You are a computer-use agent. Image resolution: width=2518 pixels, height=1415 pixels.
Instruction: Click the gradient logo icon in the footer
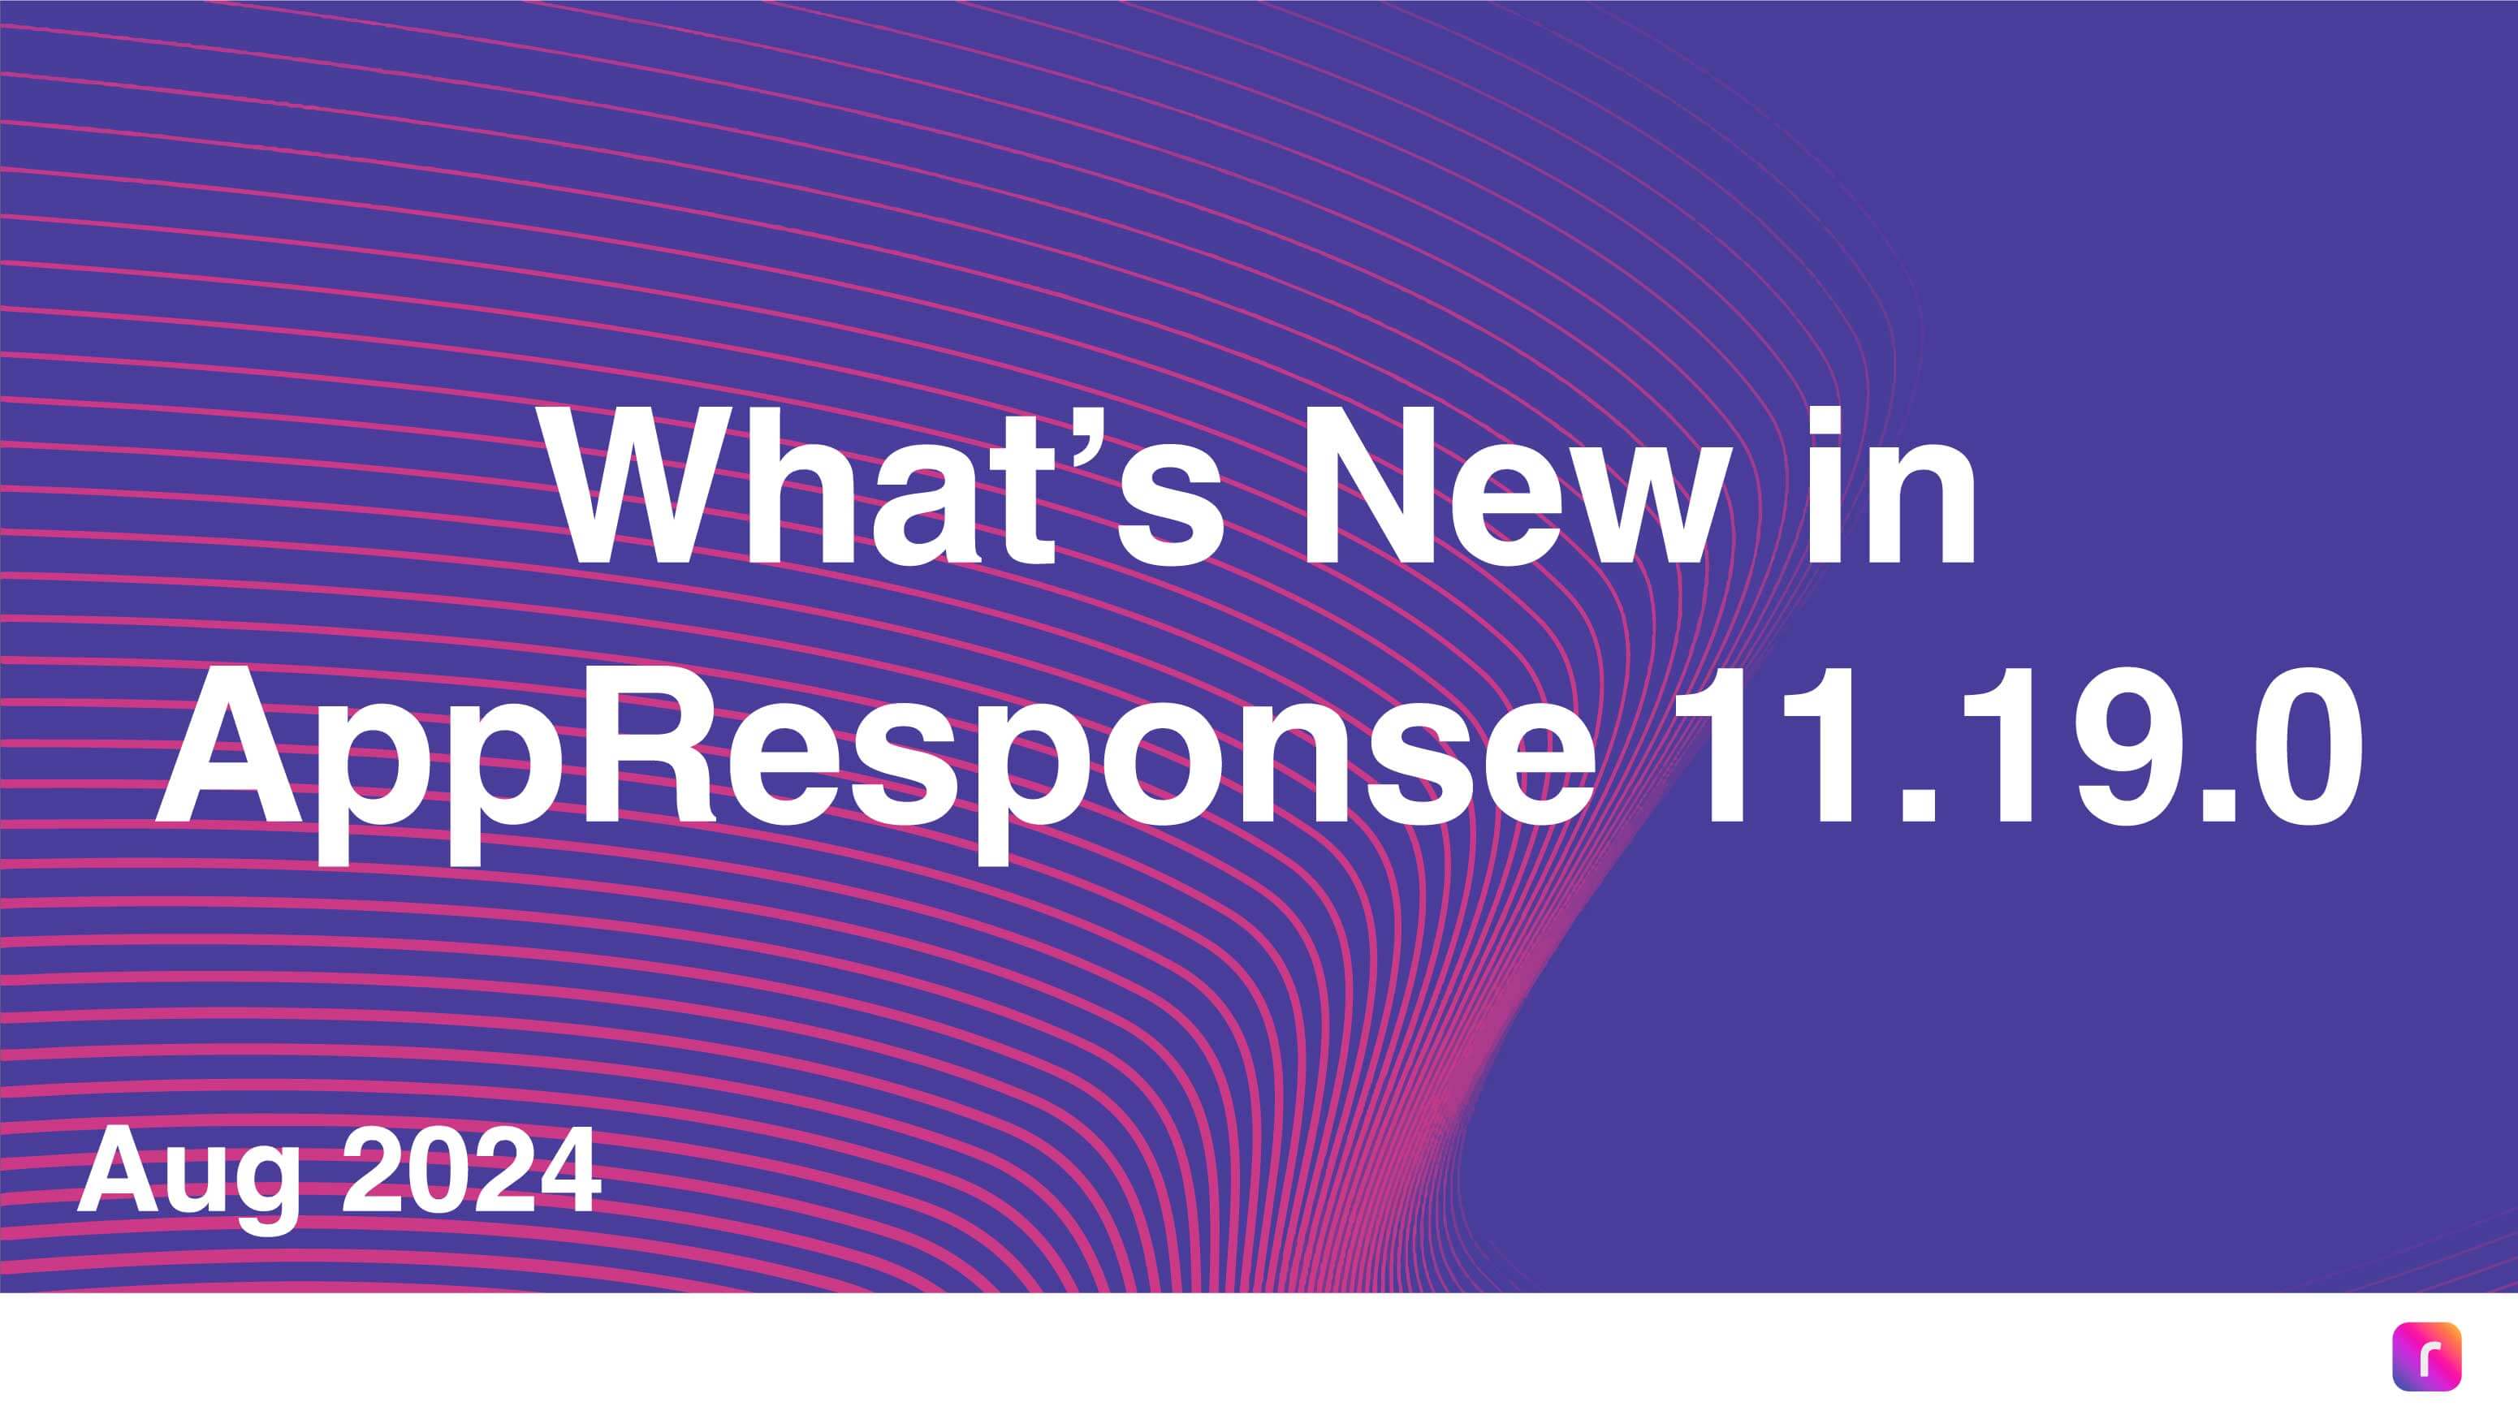[x=2426, y=1357]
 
